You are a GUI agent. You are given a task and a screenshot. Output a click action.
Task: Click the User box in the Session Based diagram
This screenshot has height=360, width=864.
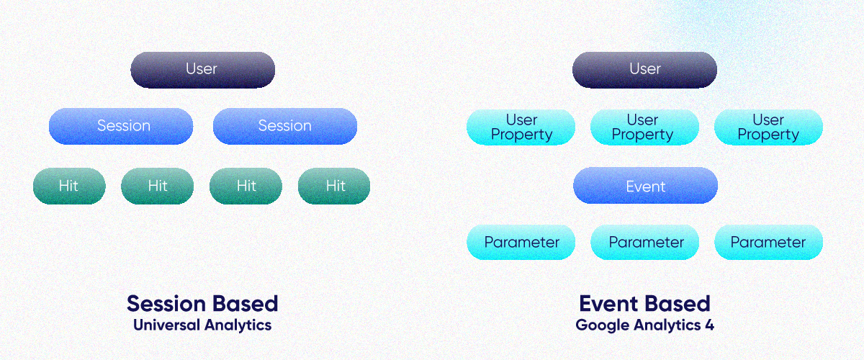point(202,69)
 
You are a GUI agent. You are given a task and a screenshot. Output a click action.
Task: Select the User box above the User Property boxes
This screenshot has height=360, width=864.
point(644,69)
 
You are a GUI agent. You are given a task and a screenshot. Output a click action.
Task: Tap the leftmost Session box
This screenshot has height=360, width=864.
point(121,126)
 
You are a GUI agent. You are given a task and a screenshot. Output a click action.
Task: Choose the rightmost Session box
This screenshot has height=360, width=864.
point(285,126)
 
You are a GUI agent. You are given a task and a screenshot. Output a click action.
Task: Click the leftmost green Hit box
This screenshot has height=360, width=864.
point(69,186)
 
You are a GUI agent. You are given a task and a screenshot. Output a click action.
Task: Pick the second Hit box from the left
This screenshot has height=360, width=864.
point(157,186)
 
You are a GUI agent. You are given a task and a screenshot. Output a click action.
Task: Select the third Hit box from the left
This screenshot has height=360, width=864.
point(246,186)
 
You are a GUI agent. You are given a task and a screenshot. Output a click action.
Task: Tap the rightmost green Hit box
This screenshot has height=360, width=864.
point(334,186)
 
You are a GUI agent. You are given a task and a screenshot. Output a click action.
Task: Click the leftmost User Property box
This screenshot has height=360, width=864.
point(521,127)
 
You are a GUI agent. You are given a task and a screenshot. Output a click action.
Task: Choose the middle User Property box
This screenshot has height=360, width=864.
point(644,127)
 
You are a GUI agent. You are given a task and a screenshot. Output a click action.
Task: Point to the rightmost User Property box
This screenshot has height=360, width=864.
point(768,127)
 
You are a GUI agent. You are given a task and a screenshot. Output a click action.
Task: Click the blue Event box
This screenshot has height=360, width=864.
point(645,186)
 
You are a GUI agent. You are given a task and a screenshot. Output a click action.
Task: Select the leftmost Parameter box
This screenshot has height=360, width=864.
point(521,242)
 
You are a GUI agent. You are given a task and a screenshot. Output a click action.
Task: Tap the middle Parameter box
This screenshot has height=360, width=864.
point(644,242)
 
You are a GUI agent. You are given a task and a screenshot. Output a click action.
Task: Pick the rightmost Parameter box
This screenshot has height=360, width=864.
point(768,242)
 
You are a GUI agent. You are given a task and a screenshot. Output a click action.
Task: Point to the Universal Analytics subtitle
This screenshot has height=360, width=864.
point(202,325)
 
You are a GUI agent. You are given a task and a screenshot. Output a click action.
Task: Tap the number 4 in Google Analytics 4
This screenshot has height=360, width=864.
point(709,325)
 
